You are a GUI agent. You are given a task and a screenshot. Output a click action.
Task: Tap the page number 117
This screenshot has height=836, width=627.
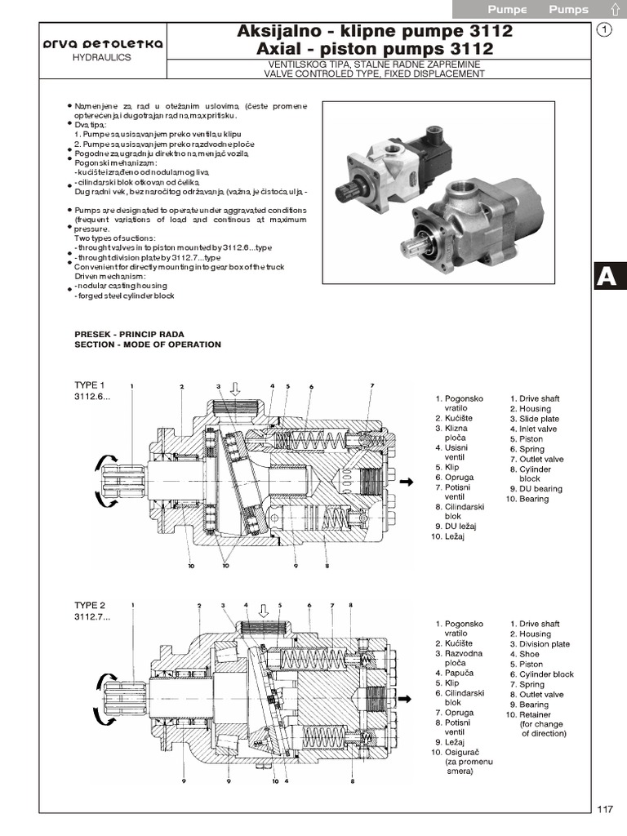click(604, 809)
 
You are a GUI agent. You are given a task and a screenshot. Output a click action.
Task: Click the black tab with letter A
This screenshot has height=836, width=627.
click(607, 277)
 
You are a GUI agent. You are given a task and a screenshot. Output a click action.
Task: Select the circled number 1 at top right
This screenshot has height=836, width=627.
click(604, 31)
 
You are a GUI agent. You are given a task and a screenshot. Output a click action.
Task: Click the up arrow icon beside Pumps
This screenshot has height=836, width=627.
click(612, 10)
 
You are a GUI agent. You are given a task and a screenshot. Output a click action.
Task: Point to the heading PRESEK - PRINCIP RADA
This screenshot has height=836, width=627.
click(129, 334)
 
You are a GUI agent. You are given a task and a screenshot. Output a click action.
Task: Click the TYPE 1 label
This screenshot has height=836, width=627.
click(90, 385)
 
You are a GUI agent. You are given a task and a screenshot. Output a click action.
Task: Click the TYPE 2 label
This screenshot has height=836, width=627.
click(90, 605)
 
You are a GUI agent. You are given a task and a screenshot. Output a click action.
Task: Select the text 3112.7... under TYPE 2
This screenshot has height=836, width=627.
click(92, 616)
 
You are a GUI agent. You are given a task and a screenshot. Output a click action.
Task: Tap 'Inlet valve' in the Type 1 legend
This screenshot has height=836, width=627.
click(538, 429)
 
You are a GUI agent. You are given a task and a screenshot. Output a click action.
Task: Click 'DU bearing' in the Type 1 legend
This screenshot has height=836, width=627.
click(540, 489)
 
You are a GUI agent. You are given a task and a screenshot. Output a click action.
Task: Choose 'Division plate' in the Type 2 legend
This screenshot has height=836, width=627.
click(545, 644)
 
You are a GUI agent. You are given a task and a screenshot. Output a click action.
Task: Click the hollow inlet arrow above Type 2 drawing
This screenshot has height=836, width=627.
click(263, 610)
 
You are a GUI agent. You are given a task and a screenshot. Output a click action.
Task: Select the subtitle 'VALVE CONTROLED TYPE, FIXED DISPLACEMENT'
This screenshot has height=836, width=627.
click(375, 73)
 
